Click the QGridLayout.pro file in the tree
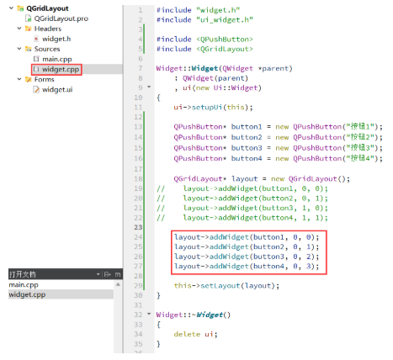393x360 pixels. (x=61, y=19)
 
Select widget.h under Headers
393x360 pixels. (x=56, y=39)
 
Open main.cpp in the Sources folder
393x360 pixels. (x=57, y=59)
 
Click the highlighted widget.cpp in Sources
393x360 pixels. (x=61, y=69)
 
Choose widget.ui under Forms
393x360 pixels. (x=57, y=90)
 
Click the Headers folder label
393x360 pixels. (x=48, y=29)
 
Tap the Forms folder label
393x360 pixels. (x=44, y=80)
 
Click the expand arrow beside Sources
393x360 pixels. (x=19, y=49)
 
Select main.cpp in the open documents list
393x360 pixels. (x=24, y=285)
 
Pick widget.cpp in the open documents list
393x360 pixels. (x=27, y=294)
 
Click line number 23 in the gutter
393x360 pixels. (x=138, y=227)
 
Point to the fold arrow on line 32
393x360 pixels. (x=149, y=314)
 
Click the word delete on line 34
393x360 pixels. (x=187, y=334)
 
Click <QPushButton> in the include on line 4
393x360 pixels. (x=225, y=40)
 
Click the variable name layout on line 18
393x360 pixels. (x=244, y=179)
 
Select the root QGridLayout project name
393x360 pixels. (x=47, y=8)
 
